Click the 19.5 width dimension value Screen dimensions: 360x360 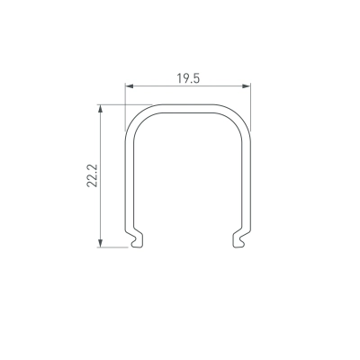tap(188, 78)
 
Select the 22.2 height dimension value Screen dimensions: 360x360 tap(93, 175)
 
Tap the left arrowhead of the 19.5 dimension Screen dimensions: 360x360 tap(130, 86)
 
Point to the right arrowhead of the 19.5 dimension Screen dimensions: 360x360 tap(247, 86)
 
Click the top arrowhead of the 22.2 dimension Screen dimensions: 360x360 tap(101, 109)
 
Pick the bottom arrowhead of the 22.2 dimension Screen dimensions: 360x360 tap(101, 243)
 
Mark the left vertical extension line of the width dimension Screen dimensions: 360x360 tap(125, 107)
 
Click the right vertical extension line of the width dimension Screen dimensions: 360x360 tap(250, 107)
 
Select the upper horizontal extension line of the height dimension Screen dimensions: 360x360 tap(124, 104)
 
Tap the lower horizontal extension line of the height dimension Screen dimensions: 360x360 tap(112, 247)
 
